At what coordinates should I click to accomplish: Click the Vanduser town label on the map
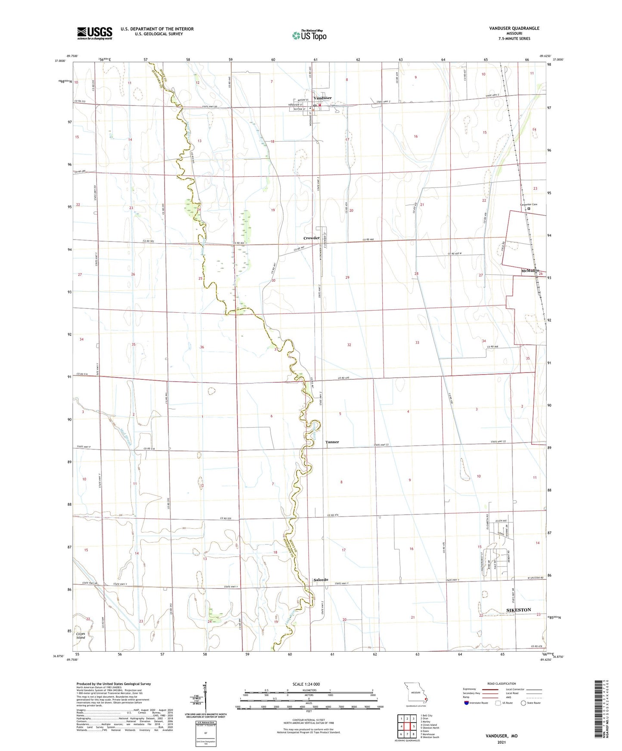coord(322,98)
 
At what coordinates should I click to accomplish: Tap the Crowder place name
coord(311,238)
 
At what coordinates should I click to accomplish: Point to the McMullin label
coord(530,271)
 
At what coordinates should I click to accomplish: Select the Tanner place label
coord(332,442)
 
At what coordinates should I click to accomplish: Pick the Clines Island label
coord(81,636)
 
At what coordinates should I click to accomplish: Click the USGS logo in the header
coord(95,33)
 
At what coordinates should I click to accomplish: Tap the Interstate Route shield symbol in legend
coord(466,703)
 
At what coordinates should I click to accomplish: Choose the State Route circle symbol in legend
coord(523,703)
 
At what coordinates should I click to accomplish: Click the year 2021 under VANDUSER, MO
coord(501,742)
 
